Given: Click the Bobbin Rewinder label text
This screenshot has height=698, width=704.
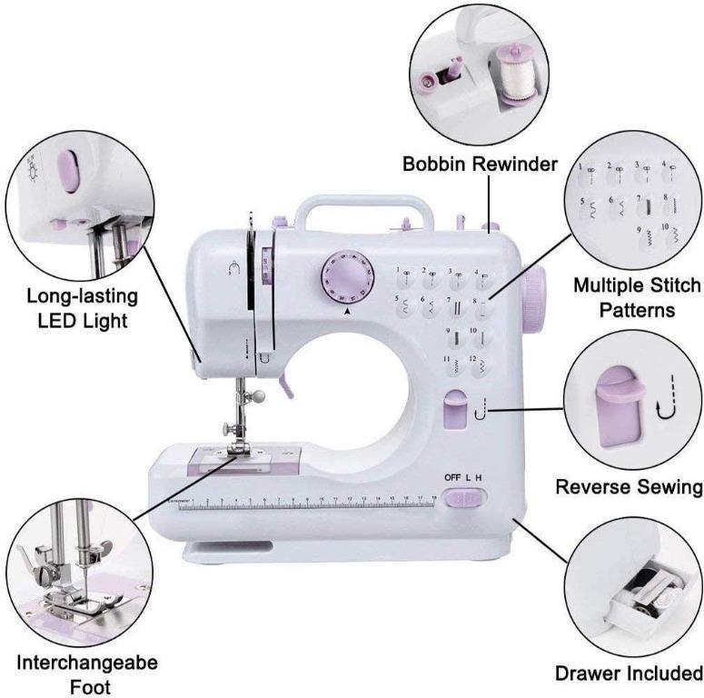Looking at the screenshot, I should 481,165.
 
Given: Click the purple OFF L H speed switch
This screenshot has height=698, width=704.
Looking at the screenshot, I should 470,497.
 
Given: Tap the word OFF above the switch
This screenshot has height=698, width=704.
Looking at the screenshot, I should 453,478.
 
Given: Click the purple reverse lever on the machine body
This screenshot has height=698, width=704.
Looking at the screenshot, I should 455,406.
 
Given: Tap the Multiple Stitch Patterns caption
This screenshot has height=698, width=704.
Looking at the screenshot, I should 637,297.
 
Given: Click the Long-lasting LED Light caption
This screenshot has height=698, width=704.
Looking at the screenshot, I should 82,309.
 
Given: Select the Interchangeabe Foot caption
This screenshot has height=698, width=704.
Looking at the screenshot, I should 87,673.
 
